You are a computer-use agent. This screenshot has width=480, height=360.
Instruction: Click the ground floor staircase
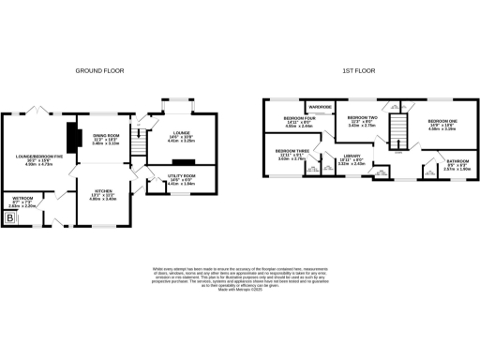[x=138, y=145]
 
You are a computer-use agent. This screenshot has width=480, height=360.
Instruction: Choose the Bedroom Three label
[x=288, y=154]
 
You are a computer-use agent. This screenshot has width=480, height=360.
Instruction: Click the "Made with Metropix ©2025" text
[x=239, y=290]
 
